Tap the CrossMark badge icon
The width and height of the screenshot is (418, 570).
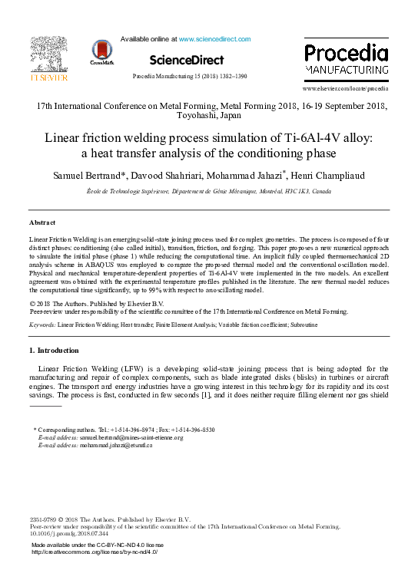coord(101,51)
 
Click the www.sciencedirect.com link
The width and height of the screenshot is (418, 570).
coord(214,38)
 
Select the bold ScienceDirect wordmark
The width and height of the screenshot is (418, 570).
coord(187,60)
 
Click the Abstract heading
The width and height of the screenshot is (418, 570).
coord(42,222)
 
